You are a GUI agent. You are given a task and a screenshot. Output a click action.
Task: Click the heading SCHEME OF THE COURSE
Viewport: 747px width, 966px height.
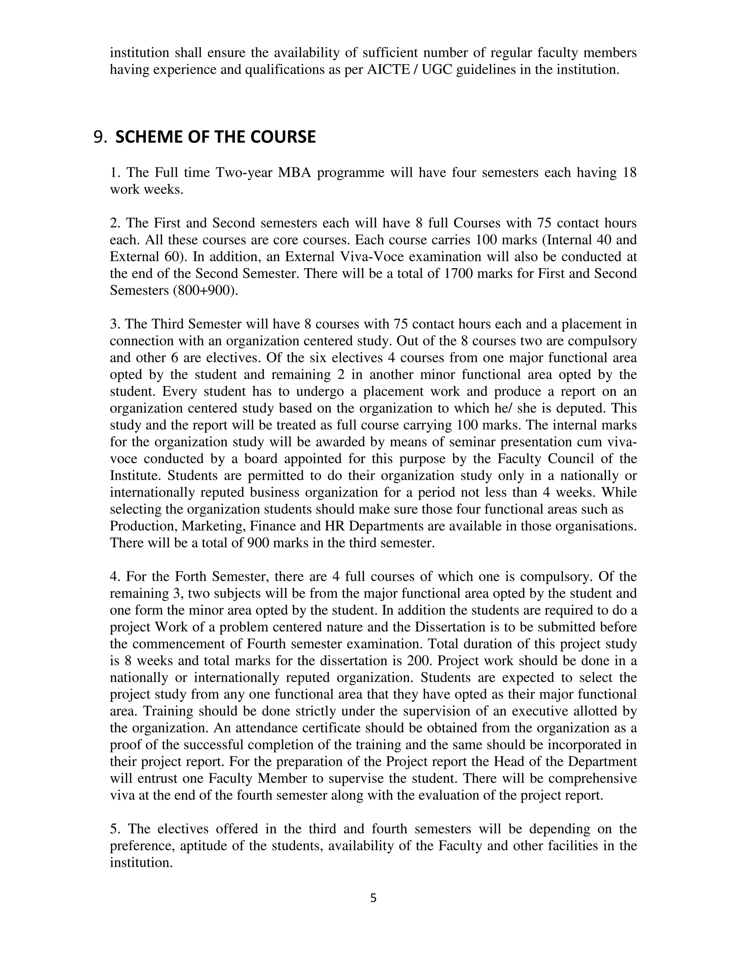click(216, 137)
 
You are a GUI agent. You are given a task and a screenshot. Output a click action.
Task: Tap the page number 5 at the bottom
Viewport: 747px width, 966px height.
click(373, 898)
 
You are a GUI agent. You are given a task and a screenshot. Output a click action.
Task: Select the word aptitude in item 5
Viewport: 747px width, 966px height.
click(195, 846)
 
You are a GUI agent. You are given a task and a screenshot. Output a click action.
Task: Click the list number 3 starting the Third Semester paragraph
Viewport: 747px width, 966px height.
click(114, 324)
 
